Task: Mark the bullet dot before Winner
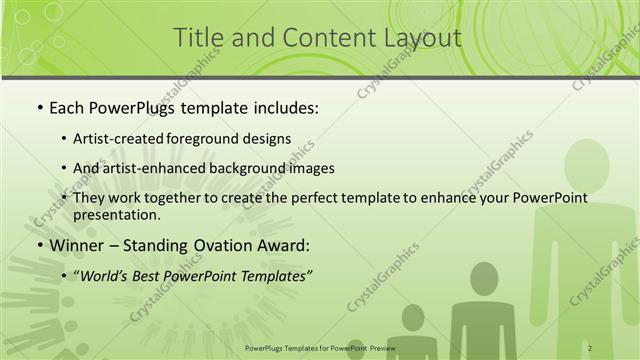coord(39,245)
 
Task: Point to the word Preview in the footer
coord(381,347)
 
